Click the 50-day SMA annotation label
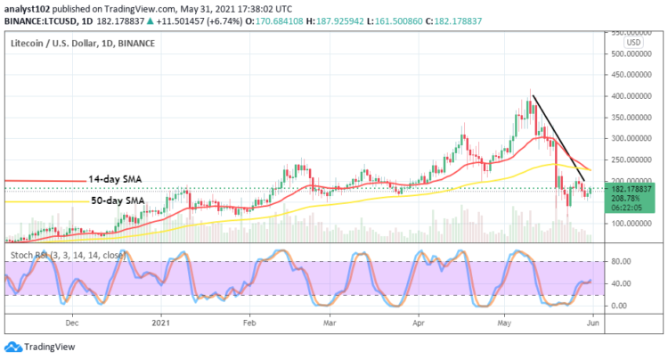coord(118,201)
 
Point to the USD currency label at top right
coord(634,42)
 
